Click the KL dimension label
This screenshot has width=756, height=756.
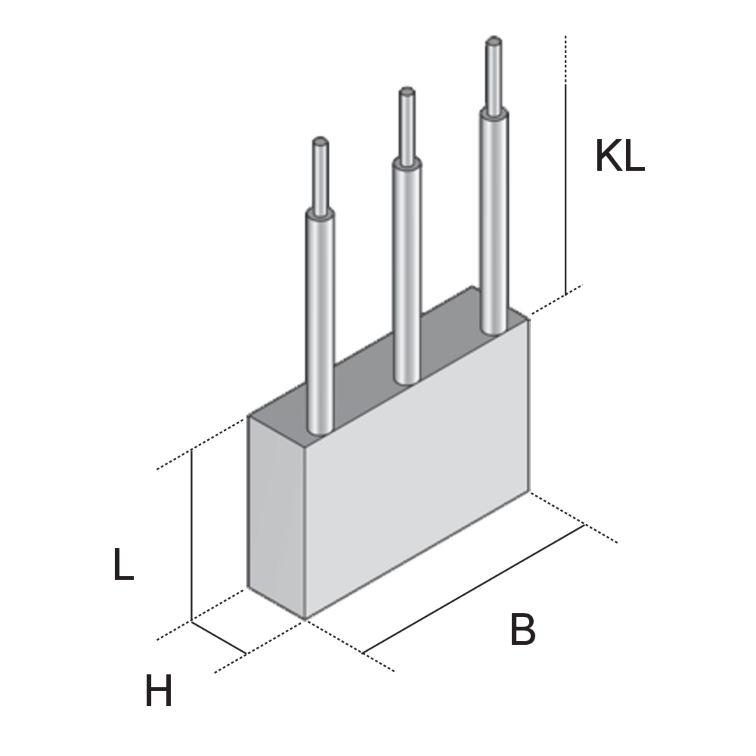coord(620,155)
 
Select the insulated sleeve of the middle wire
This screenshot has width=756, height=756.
coord(407,272)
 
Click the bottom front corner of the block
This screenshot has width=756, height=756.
coord(305,619)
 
